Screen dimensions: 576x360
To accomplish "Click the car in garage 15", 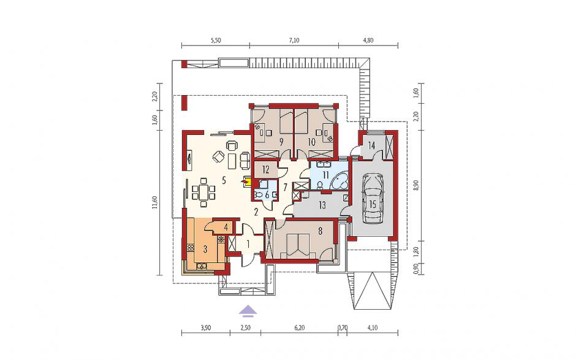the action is pos(373,199).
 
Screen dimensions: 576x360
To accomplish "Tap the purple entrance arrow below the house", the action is pos(248,311).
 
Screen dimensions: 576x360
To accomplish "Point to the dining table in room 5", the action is pos(203,191).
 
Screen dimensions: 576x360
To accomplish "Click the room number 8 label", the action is pos(320,231).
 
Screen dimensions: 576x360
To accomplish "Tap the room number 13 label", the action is pos(322,205).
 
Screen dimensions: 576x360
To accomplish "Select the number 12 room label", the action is pos(266,170).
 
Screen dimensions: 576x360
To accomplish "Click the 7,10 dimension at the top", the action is pos(294,40).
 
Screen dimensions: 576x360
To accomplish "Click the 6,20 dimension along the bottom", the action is pos(300,328).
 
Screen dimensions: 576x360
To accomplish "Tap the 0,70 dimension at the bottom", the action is pos(342,328).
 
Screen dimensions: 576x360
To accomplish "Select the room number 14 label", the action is pos(371,145).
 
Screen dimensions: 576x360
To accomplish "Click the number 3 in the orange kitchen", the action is pos(205,250).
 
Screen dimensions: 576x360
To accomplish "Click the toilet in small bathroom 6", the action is pos(258,195).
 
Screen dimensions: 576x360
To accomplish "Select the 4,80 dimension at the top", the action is pos(368,40).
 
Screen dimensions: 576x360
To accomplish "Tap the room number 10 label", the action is pos(311,142).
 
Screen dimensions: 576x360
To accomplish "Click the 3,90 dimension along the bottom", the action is pos(206,328).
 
